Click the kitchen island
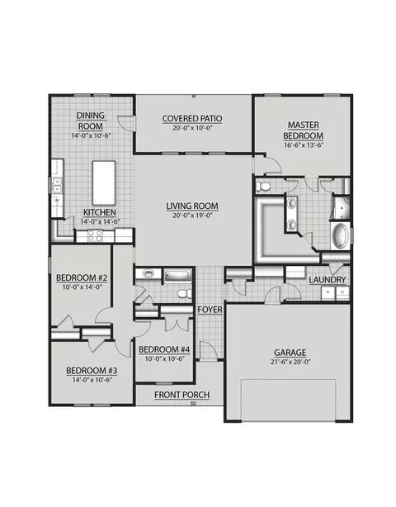[104, 183]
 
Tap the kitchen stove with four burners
[95, 235]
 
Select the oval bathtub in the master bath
[340, 235]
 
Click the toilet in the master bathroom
[263, 187]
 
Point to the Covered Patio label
[192, 119]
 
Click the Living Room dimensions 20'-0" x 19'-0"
[192, 216]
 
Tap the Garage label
[290, 353]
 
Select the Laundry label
[328, 280]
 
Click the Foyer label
[210, 310]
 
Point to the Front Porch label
[181, 395]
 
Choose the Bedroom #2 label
[82, 277]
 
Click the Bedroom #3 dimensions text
[92, 380]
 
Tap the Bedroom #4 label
[164, 349]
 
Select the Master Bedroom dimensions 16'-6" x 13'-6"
[304, 145]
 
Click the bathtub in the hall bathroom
[178, 276]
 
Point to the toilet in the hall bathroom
[184, 294]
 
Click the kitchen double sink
[56, 185]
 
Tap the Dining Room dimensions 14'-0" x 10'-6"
[92, 135]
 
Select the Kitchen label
[100, 212]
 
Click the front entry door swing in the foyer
[208, 350]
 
